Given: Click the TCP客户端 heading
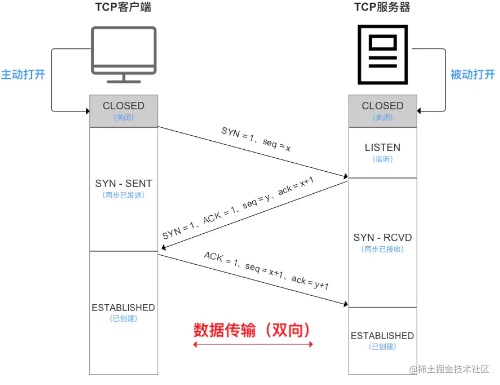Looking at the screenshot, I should (123, 7).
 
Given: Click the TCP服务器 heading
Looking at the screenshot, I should (382, 7).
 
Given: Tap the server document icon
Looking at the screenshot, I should (382, 55).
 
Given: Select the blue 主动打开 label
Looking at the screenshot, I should (23, 75).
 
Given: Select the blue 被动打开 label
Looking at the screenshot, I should (473, 75).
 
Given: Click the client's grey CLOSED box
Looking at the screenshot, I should (123, 110).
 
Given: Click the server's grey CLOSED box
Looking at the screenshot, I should (382, 110).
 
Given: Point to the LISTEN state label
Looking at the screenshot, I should (382, 148).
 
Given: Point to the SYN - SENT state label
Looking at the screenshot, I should (123, 184).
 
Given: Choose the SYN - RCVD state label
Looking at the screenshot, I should (382, 238).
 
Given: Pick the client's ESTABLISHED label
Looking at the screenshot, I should (123, 308).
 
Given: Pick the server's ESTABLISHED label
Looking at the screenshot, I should (382, 336).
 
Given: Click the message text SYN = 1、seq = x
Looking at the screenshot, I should (256, 139).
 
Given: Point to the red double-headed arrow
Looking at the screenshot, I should (253, 344).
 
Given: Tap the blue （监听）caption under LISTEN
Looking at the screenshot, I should (382, 159).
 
